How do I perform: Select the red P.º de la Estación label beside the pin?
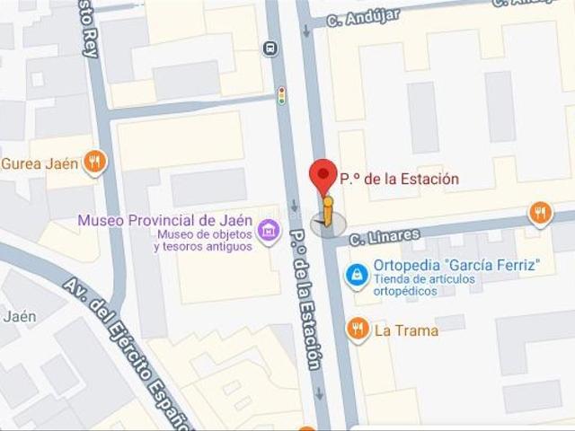398,179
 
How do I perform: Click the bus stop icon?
270,48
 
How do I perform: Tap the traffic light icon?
281,95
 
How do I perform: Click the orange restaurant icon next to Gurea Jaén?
94,163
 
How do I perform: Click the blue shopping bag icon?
358,276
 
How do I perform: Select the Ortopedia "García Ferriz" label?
456,265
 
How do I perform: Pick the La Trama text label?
406,330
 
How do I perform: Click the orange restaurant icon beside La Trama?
358,330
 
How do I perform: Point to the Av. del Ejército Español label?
126,351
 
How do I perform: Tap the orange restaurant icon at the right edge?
540,213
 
